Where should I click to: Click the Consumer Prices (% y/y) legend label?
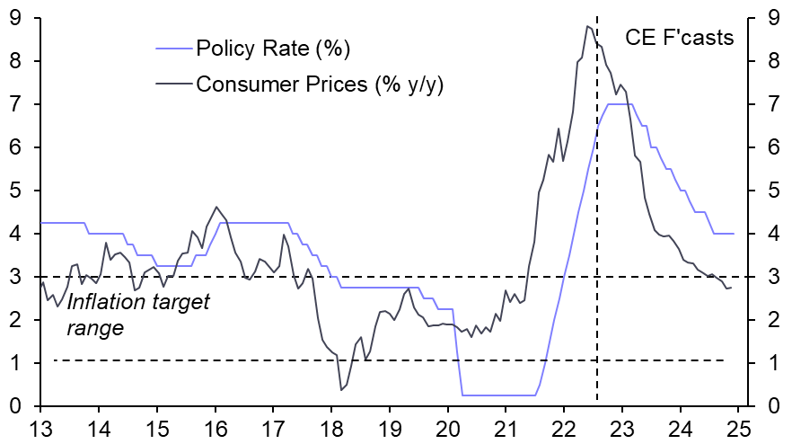click(320, 84)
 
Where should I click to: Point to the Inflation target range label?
click(137, 315)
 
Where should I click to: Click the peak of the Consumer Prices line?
click(586, 26)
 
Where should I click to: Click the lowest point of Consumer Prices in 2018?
click(342, 389)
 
